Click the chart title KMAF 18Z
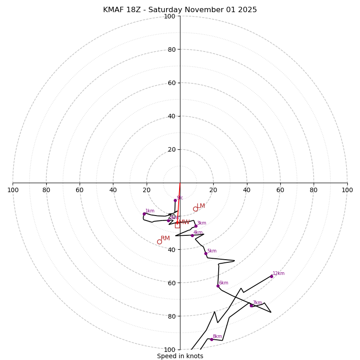click(x=180, y=10)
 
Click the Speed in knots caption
click(x=180, y=356)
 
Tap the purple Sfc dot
click(x=175, y=200)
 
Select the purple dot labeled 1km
click(x=144, y=214)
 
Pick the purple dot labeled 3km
click(x=196, y=226)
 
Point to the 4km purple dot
click(x=192, y=235)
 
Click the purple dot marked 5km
click(x=206, y=253)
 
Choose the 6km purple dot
click(x=218, y=286)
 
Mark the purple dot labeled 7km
click(x=251, y=306)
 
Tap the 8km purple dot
click(x=211, y=339)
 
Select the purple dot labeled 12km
click(x=271, y=276)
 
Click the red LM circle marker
click(x=195, y=209)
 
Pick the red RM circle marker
click(x=159, y=242)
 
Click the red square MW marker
click(x=177, y=225)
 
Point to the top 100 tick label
click(x=170, y=16)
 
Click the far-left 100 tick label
click(x=13, y=190)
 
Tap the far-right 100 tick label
click(x=347, y=190)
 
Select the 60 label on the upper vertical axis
click(x=171, y=83)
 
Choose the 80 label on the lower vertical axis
click(x=171, y=316)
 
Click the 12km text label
click(x=279, y=273)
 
